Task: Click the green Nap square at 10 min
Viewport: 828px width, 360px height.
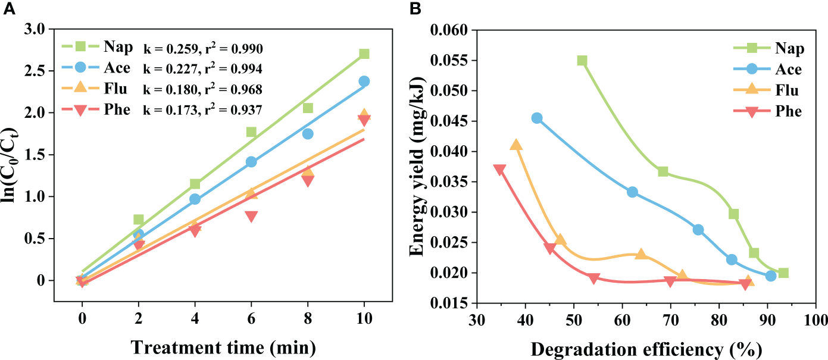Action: (364, 54)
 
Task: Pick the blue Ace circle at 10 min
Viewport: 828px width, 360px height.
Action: (364, 82)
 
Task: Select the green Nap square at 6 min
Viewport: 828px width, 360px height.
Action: (251, 132)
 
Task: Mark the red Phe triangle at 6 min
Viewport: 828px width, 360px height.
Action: (251, 217)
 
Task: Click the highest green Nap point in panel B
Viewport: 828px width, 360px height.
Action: (582, 61)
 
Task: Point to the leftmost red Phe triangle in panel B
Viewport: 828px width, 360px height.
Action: (499, 170)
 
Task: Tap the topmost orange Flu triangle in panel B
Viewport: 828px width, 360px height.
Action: (516, 145)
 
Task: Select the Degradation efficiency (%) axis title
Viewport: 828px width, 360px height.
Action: (646, 348)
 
